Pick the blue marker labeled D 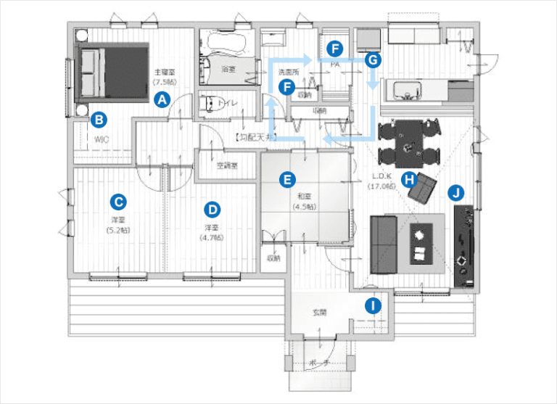point(212,210)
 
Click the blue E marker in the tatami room point(288,178)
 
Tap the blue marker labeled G point(372,59)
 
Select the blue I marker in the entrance point(373,305)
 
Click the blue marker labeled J point(455,192)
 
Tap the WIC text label point(100,136)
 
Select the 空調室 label point(227,165)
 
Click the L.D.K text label point(381,176)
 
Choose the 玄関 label point(320,313)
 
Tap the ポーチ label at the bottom point(319,363)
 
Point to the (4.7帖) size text point(212,237)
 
